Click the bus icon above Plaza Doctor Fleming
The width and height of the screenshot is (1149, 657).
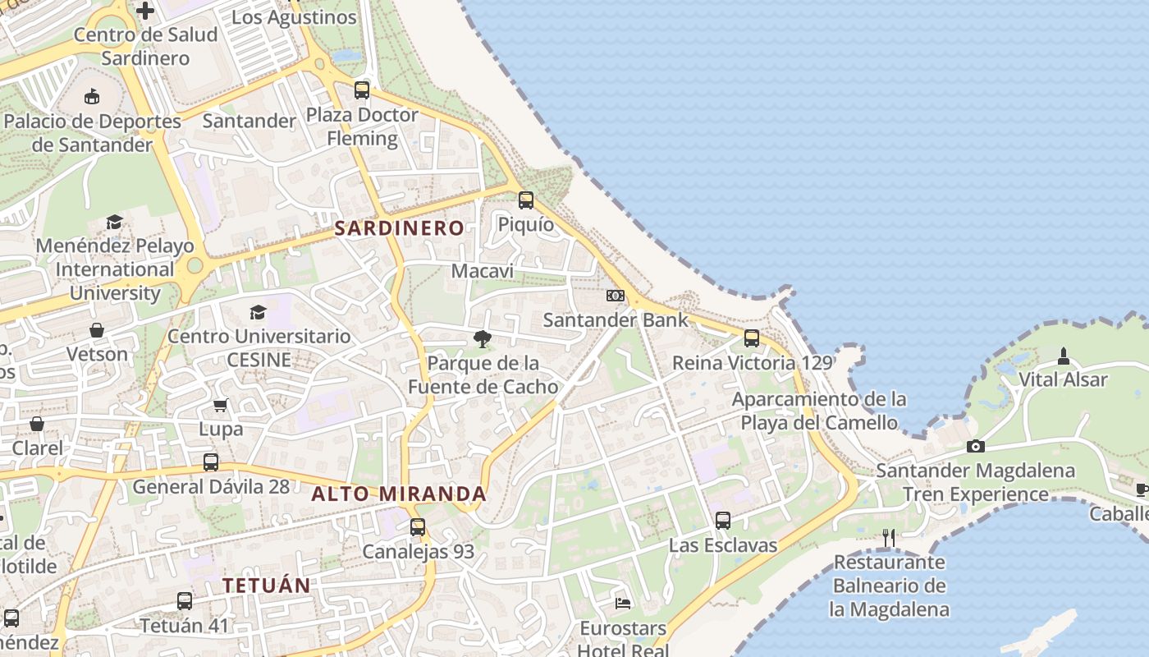[x=362, y=90]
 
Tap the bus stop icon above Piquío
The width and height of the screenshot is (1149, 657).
[x=526, y=200]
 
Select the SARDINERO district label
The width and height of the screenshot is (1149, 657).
[x=399, y=228]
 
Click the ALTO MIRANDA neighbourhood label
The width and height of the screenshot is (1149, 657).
[x=399, y=494]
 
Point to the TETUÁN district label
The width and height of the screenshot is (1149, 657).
[x=267, y=586]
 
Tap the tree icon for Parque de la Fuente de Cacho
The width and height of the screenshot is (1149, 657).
[x=483, y=339]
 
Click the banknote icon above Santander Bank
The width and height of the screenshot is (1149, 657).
[x=616, y=296]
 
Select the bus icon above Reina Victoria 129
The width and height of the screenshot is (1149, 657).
[x=752, y=338]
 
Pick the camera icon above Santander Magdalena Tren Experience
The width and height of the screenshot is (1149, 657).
[x=976, y=447]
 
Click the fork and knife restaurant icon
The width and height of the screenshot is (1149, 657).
[x=889, y=538]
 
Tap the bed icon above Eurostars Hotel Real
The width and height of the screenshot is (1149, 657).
[x=624, y=604]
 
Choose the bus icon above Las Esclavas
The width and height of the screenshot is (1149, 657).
[x=723, y=521]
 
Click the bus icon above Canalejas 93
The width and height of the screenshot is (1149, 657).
[x=418, y=527]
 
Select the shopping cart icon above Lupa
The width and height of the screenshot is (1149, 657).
[x=220, y=405]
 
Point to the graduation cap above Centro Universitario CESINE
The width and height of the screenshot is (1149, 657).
[x=259, y=312]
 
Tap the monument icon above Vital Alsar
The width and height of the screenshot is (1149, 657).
[x=1064, y=356]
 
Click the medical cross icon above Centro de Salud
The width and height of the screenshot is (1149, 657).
[x=145, y=11]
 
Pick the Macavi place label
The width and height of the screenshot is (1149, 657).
[x=483, y=271]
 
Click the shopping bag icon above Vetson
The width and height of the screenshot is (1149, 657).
[x=97, y=330]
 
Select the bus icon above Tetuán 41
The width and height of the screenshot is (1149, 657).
[x=185, y=601]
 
